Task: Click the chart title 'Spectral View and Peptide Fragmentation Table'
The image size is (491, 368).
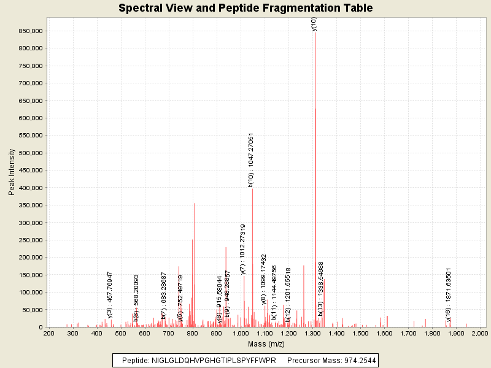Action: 245,8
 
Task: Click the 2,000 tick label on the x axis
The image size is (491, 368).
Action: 479,333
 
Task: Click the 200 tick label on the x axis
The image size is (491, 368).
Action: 48,333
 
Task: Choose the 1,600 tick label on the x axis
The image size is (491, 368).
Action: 384,333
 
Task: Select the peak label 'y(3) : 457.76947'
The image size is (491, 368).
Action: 110,294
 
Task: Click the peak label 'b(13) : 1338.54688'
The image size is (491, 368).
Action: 320,289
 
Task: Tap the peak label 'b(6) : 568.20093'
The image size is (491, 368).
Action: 136,297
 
